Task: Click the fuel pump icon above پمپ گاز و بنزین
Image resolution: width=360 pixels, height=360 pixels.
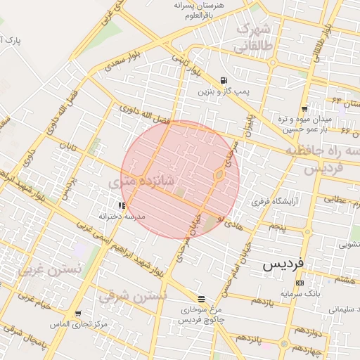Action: coord(224,80)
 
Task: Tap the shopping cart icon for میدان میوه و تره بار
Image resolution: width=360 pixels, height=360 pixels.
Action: coord(304,109)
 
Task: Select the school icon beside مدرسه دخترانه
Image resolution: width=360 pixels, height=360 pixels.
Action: coord(122,205)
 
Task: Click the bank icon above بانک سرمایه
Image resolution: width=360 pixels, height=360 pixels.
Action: coord(300,283)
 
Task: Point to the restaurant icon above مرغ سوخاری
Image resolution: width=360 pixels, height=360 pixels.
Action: coord(202,298)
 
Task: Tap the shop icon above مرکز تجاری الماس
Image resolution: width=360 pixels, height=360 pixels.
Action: coord(78,314)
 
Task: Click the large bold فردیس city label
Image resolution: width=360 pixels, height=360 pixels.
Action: coord(283,265)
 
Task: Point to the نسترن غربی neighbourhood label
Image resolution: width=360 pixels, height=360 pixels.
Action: coord(50,269)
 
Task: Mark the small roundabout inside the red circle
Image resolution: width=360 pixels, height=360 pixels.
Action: coord(219,174)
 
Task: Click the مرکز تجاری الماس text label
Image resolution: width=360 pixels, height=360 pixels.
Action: coord(78,324)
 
